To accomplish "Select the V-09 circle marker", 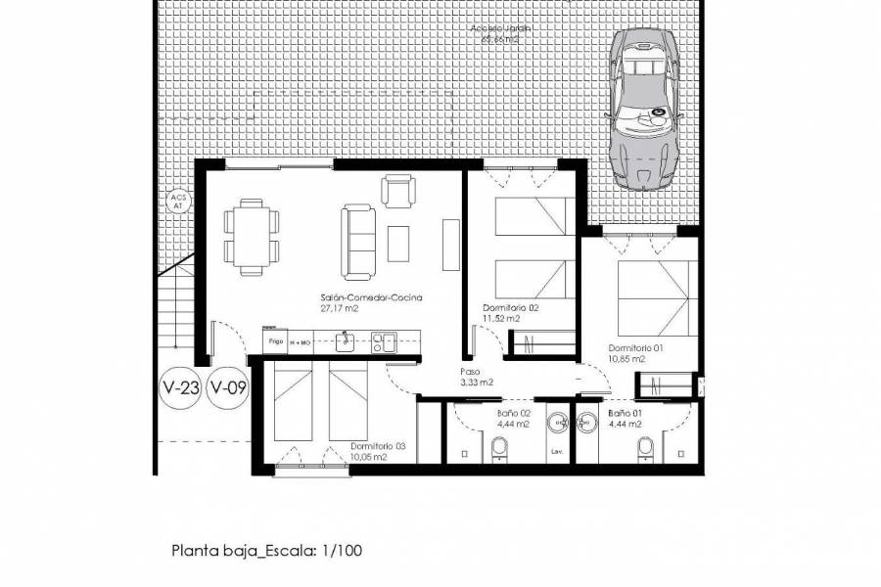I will pos(228,387).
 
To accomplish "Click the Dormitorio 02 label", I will pos(510,312).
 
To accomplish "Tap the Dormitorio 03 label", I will pos(377,451).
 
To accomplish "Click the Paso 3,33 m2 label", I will pos(477,378).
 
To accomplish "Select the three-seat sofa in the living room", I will pos(356,239).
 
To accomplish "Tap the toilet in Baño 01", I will pos(645,448).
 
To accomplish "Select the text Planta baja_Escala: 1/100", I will pos(267,551).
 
